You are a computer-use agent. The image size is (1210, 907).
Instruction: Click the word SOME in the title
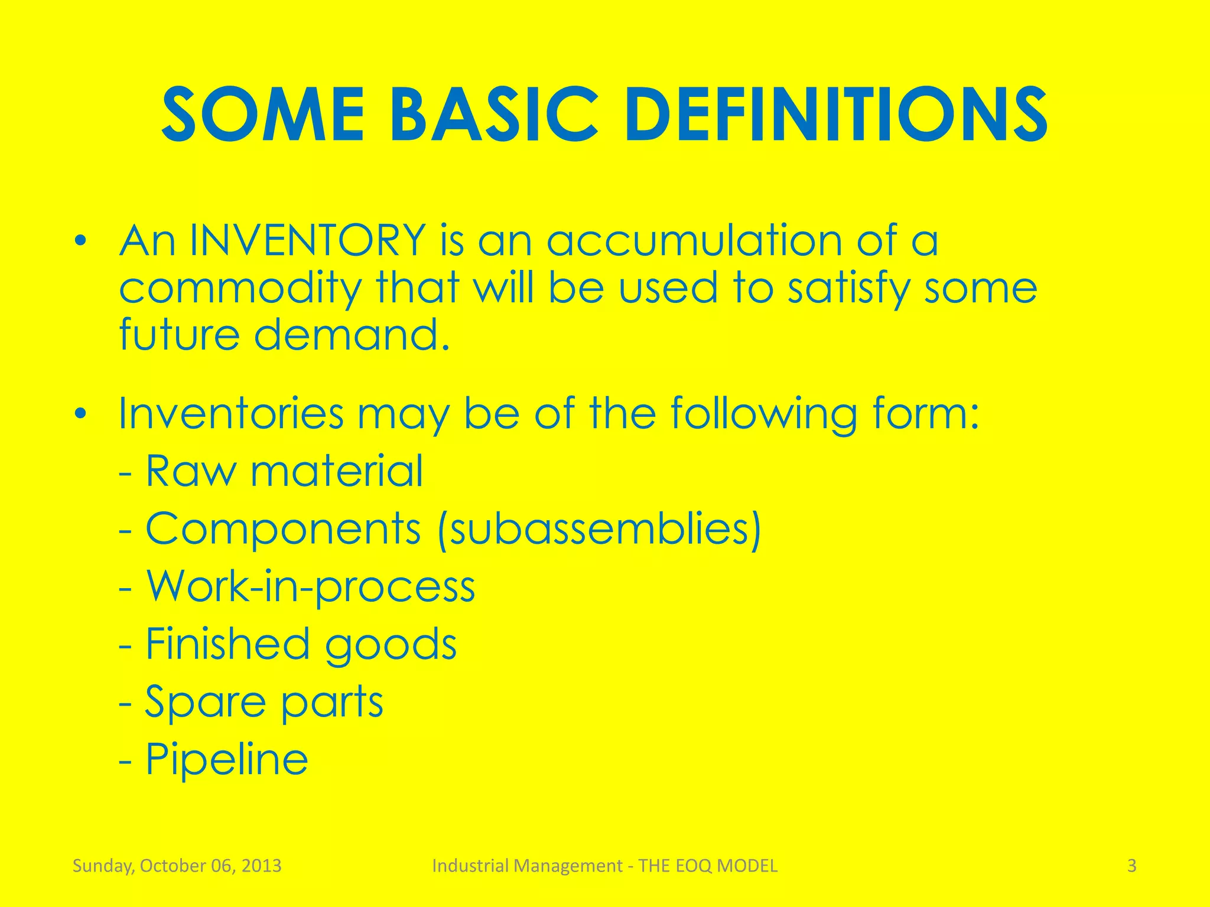263,115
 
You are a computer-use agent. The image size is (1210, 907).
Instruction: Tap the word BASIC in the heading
493,115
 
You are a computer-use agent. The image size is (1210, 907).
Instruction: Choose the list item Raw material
284,471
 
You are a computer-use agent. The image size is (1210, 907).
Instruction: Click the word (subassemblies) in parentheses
600,529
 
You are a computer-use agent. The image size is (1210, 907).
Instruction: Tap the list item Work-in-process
310,587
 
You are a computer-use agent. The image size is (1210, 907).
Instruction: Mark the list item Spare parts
264,702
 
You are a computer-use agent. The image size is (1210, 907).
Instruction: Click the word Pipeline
227,759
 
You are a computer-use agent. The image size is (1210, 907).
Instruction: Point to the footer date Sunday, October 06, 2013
177,866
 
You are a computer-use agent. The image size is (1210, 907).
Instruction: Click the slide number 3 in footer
1131,866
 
